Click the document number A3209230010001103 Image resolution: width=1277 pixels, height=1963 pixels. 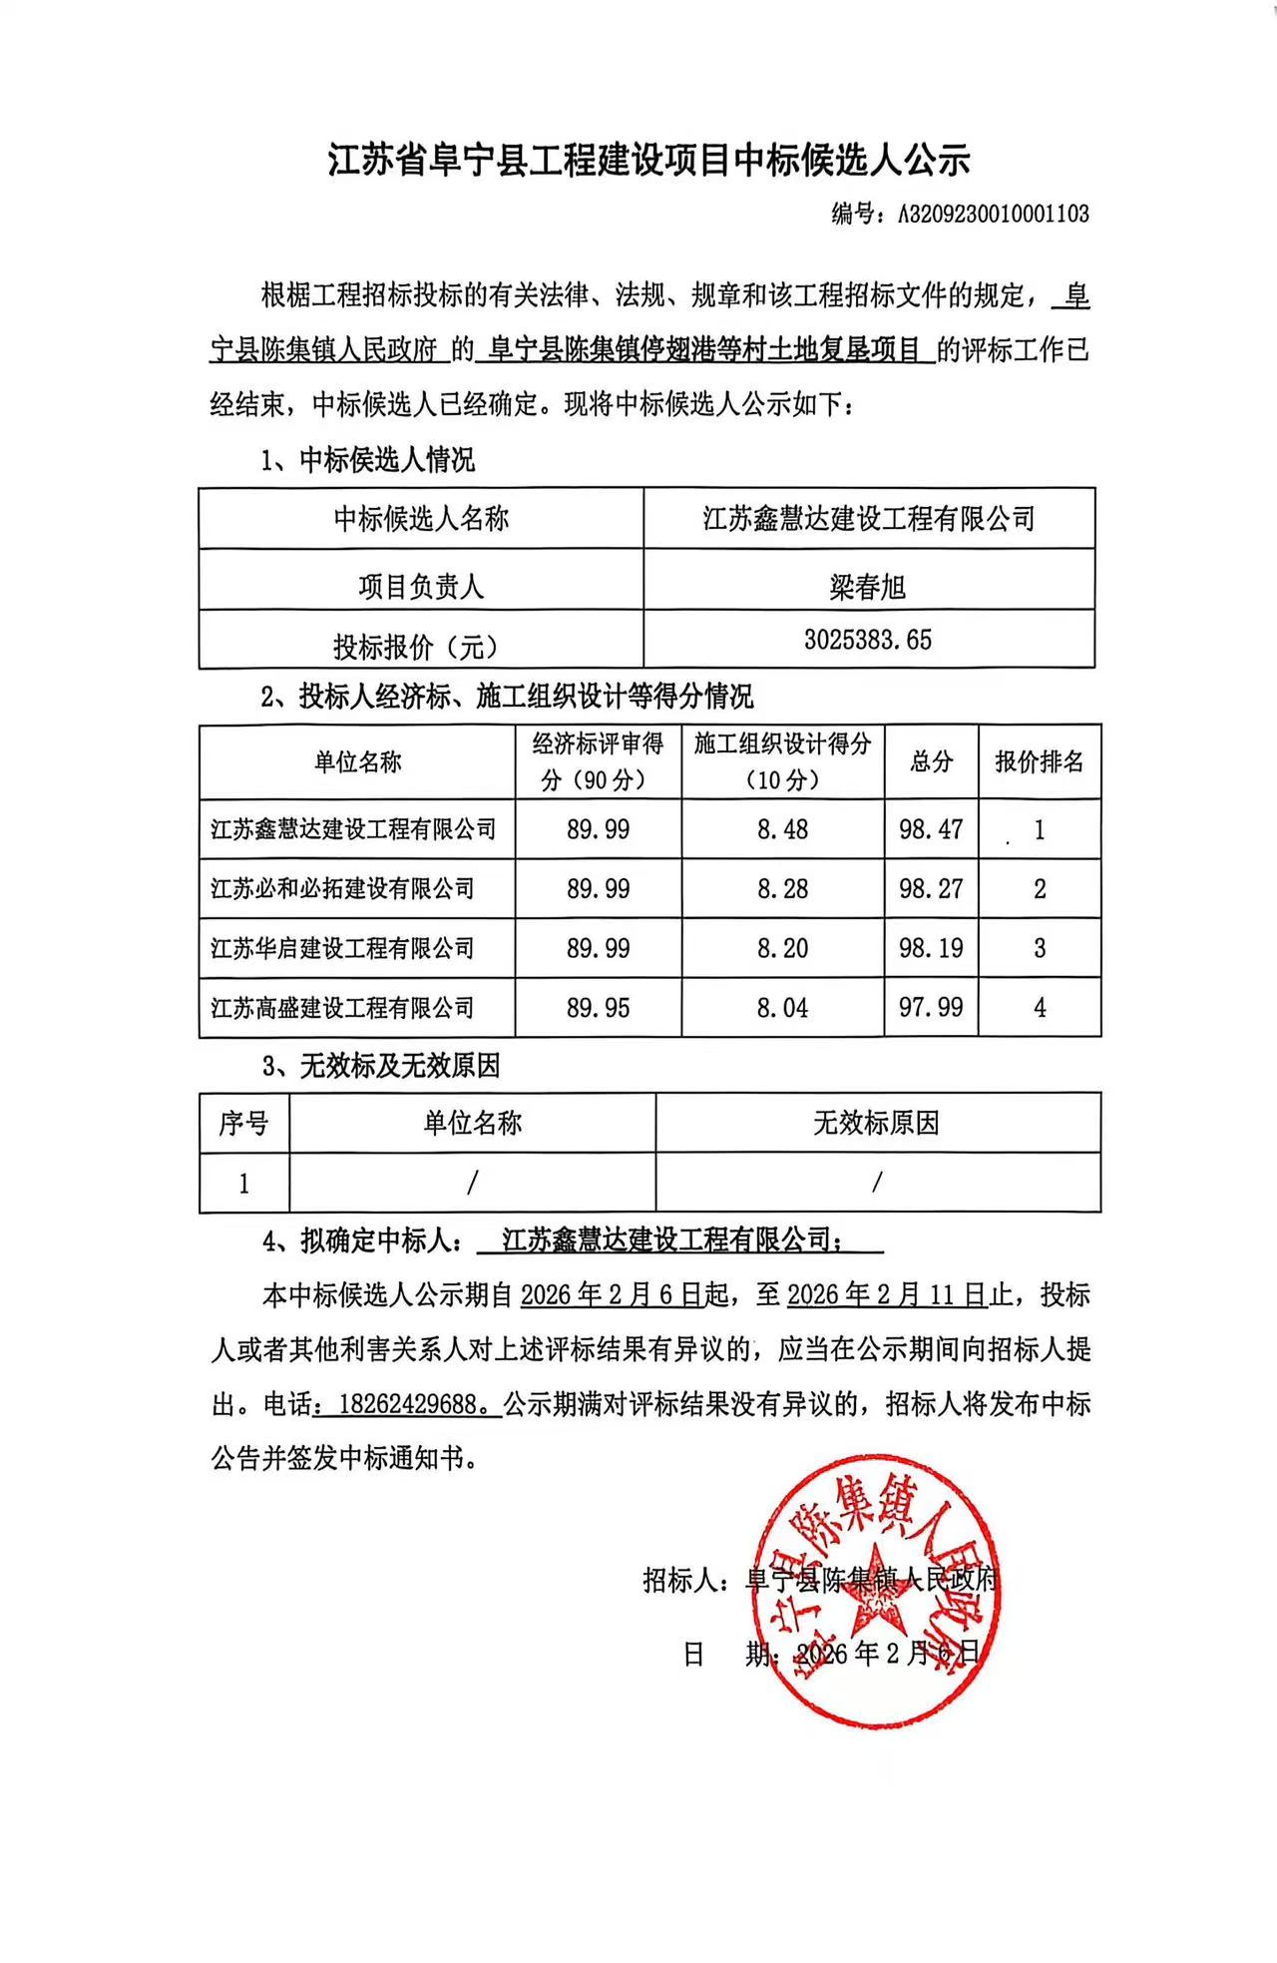point(993,214)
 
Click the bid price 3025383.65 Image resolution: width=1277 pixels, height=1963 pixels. point(868,640)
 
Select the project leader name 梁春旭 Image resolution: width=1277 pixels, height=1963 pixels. point(868,587)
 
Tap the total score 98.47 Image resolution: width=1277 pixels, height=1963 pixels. point(931,829)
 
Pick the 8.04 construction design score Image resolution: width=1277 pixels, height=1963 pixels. point(782,1008)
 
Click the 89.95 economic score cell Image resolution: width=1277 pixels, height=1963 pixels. point(598,1008)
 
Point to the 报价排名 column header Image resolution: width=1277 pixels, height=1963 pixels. point(1039,762)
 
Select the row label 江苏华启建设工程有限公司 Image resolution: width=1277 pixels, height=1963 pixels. point(342,948)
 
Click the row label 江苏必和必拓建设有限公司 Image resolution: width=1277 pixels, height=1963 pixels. point(342,889)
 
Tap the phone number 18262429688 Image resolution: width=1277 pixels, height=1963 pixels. point(407,1404)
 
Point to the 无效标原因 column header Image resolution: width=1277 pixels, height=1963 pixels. point(876,1124)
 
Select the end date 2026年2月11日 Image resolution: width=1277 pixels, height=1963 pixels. point(886,1295)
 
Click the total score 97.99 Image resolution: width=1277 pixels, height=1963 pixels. point(931,1008)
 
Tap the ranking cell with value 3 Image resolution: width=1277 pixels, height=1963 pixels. point(1039,948)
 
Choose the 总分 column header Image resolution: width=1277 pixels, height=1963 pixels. point(931,762)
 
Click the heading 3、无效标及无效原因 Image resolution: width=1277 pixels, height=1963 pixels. point(380,1066)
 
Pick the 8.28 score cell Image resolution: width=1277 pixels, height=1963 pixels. point(782,889)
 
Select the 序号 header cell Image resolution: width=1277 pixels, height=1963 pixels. point(243,1124)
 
